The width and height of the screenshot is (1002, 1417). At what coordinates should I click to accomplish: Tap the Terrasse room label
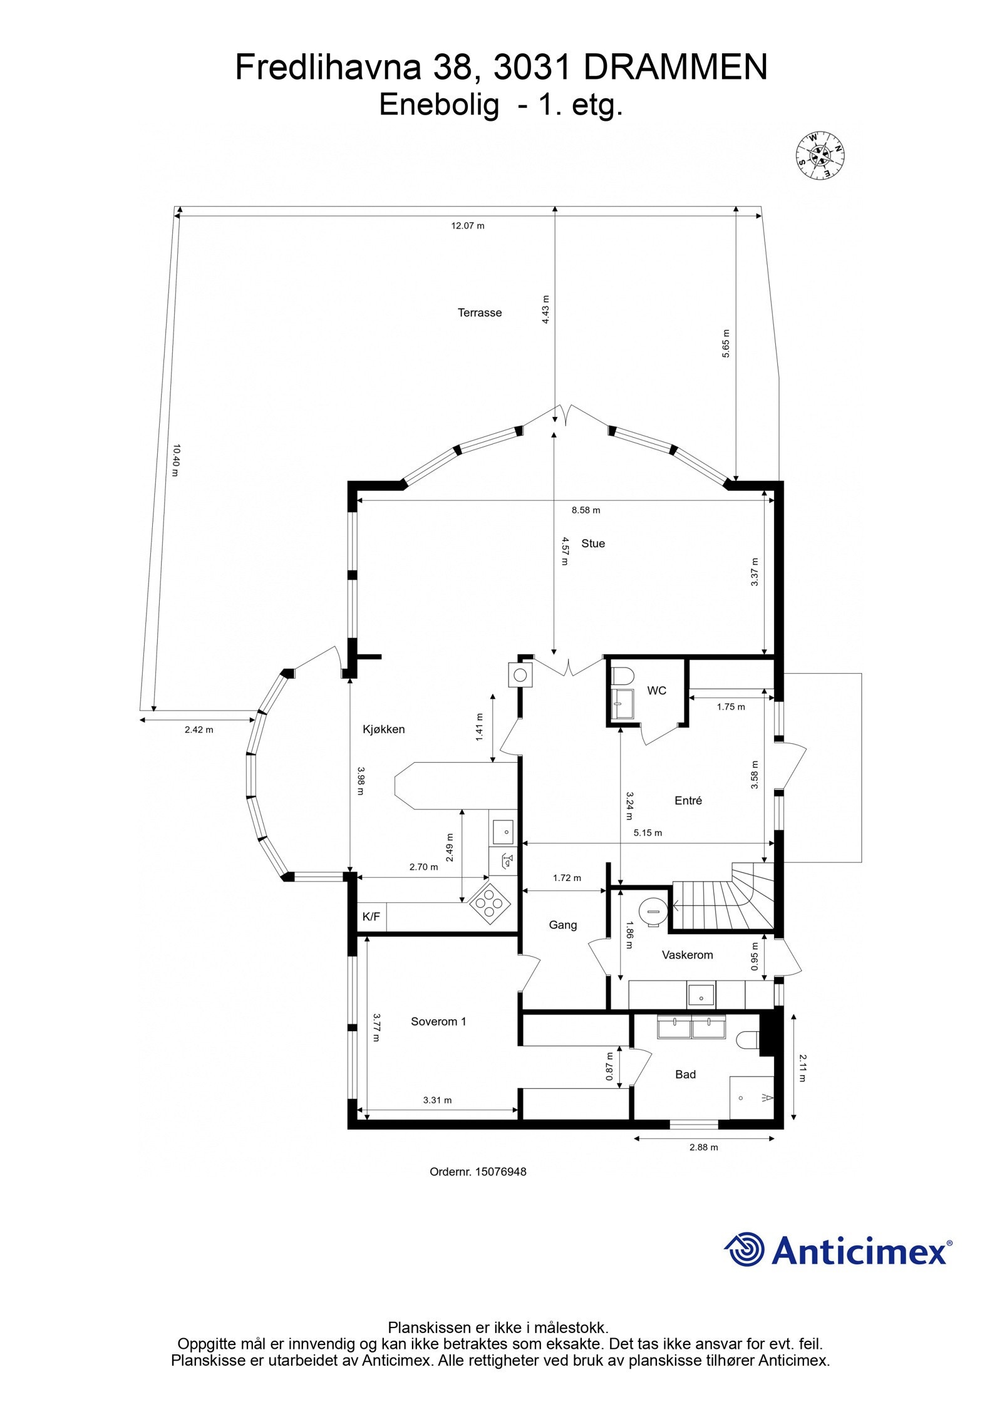(x=479, y=312)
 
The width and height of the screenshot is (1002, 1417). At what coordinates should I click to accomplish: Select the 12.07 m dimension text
(x=467, y=226)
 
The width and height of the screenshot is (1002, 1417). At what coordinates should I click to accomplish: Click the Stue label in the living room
(x=592, y=543)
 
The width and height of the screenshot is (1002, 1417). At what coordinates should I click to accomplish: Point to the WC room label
(x=656, y=691)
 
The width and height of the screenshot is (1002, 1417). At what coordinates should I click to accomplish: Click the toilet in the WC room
(x=623, y=676)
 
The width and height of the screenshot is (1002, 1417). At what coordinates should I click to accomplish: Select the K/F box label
(x=371, y=917)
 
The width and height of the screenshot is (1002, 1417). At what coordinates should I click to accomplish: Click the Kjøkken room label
(x=383, y=729)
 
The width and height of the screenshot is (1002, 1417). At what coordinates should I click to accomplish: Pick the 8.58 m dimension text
(x=585, y=510)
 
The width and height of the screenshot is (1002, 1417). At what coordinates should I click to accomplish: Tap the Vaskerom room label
(x=687, y=955)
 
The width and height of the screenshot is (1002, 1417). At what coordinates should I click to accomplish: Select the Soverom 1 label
(x=438, y=1021)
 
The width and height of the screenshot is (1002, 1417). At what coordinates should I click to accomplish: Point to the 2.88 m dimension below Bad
(x=703, y=1147)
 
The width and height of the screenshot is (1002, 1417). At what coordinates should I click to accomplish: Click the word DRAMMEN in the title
(x=675, y=67)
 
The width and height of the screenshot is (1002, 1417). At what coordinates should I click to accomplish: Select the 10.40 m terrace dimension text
(x=176, y=460)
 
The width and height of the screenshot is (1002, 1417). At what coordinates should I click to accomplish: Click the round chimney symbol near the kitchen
(x=520, y=675)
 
